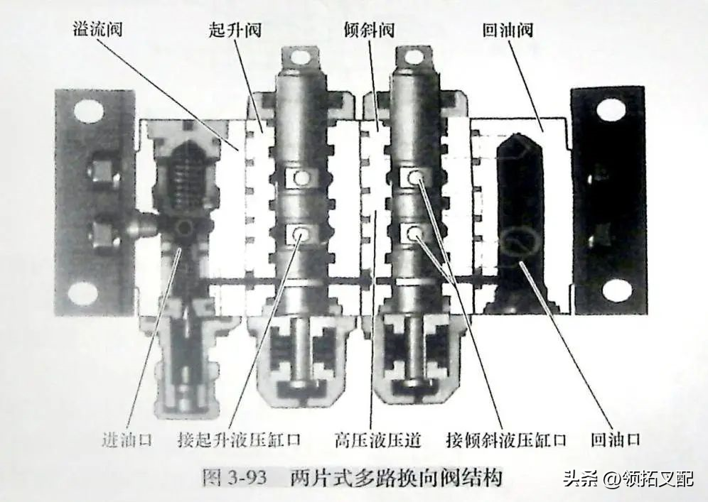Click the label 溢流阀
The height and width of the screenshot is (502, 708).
97,30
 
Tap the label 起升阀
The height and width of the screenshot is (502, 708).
235,30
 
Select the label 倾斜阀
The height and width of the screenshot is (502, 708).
369,30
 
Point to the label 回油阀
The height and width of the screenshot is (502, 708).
508,30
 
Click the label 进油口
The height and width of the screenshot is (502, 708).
127,440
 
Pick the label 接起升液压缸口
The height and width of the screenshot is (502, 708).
238,440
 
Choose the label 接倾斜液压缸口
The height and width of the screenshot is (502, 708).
505,440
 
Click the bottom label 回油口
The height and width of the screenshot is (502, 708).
616,440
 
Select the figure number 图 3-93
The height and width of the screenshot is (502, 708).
234,477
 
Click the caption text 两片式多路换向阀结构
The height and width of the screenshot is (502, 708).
396,477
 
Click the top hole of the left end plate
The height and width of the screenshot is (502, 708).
87,111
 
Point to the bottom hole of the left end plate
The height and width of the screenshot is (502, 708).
84,293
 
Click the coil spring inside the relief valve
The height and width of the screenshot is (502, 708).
184,180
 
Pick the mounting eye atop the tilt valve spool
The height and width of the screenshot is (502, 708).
412,58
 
